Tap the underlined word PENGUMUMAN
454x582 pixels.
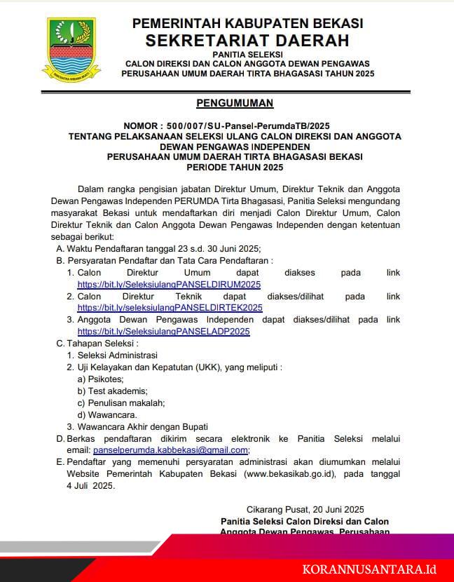pyautogui.click(x=235, y=103)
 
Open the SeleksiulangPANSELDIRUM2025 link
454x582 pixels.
pyautogui.click(x=169, y=285)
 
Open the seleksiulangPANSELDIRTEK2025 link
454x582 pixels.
pyautogui.click(x=170, y=308)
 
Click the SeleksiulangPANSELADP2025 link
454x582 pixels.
pyautogui.click(x=163, y=331)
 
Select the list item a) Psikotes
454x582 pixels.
pyautogui.click(x=100, y=379)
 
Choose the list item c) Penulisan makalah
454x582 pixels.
pyautogui.click(x=121, y=402)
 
